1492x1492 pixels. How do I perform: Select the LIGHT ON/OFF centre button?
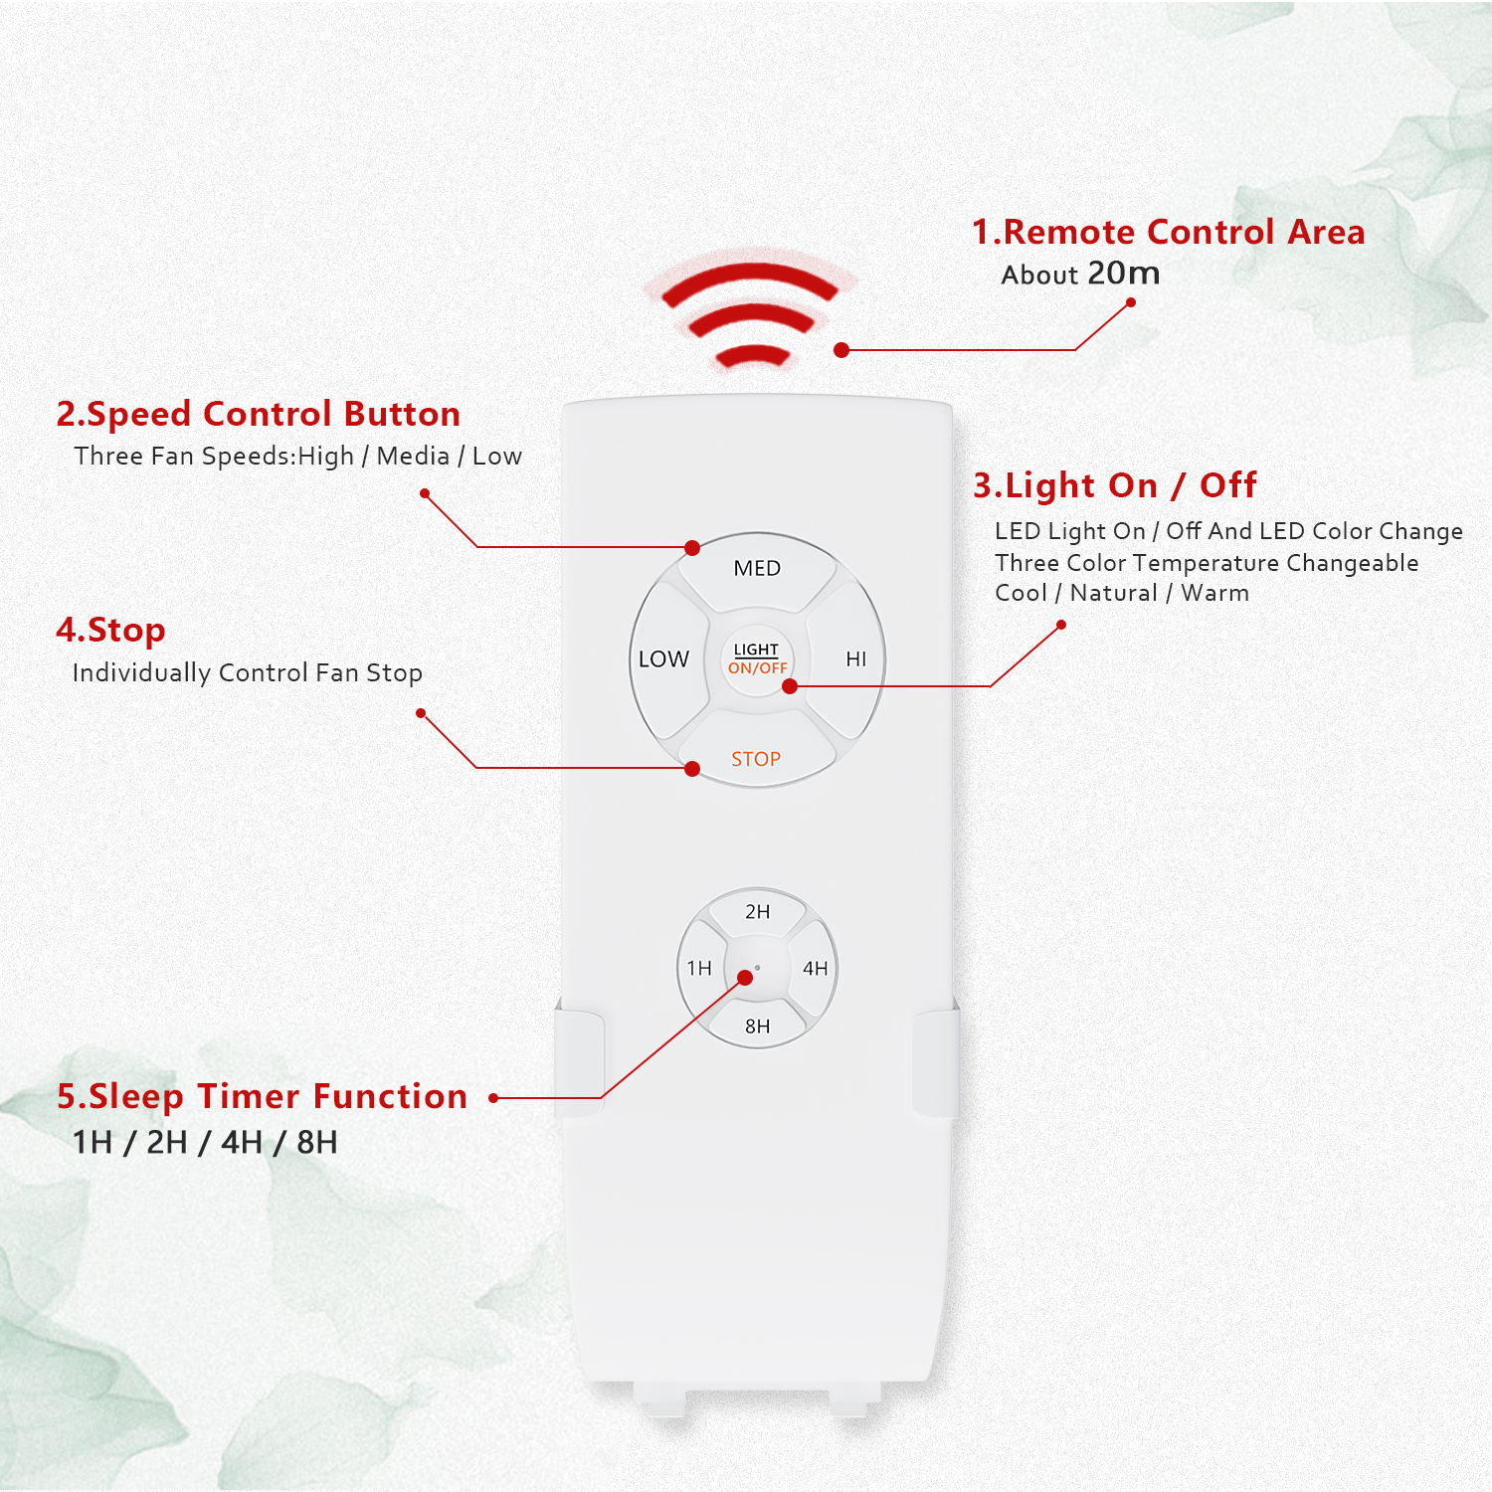(x=757, y=658)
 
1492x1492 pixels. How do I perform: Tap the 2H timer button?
(x=757, y=913)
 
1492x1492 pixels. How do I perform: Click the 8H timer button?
(x=757, y=1024)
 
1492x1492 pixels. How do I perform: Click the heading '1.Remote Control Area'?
(x=1168, y=232)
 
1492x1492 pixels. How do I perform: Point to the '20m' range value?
(x=1124, y=273)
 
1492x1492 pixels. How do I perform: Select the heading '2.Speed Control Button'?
(x=259, y=414)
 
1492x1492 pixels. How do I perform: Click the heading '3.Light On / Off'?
(x=1115, y=485)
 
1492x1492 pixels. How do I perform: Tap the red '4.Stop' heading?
(x=110, y=631)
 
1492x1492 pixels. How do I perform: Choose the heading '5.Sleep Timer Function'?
(x=262, y=1096)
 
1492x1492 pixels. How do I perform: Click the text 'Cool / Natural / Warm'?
(x=1122, y=593)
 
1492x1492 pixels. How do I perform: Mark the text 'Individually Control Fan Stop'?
(x=248, y=673)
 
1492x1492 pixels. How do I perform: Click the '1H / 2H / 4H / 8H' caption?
(x=205, y=1142)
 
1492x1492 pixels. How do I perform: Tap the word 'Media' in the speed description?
(x=413, y=456)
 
